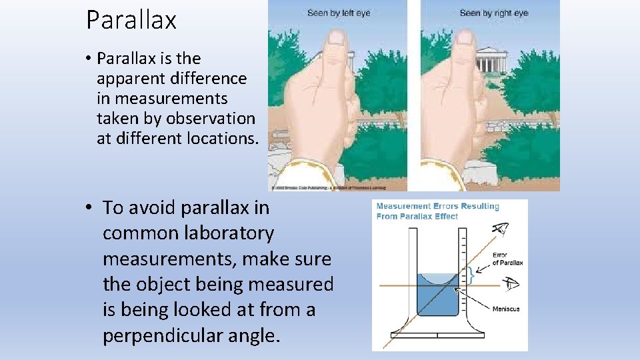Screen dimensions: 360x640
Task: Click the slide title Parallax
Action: point(131,20)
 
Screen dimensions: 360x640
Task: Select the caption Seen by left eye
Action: point(338,13)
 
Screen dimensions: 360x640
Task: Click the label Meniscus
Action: point(506,308)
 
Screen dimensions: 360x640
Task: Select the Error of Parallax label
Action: point(507,259)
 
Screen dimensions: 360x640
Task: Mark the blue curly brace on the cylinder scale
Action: point(471,273)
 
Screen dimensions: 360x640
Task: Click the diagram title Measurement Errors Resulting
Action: point(437,207)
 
